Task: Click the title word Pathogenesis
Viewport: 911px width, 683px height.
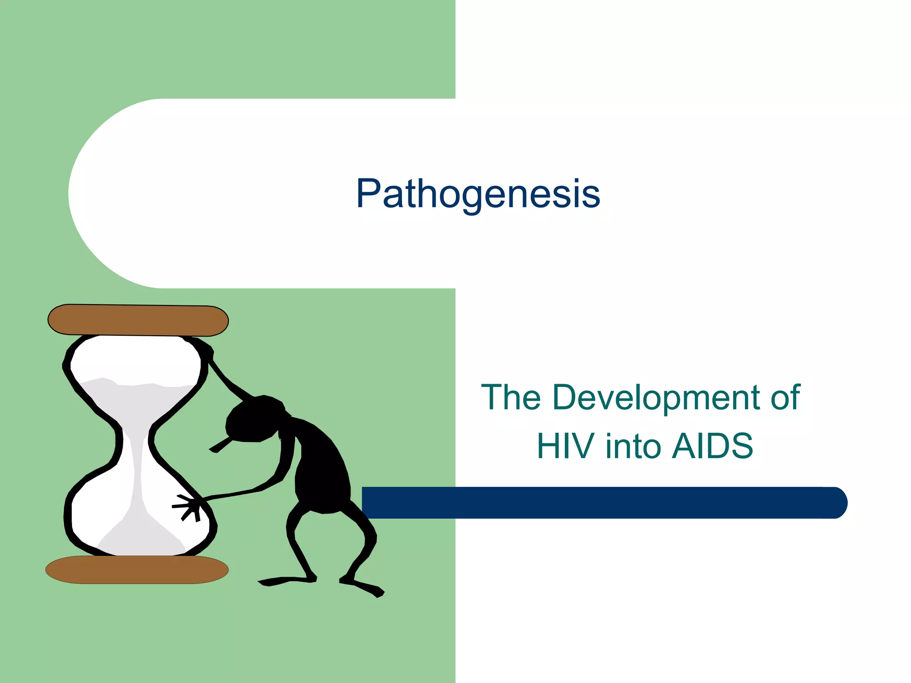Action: (478, 194)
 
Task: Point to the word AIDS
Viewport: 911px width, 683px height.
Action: (712, 446)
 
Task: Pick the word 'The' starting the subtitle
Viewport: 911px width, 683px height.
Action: (511, 397)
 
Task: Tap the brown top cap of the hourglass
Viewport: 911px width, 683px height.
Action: (138, 320)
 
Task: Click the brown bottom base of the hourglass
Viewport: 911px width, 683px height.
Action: (137, 570)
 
